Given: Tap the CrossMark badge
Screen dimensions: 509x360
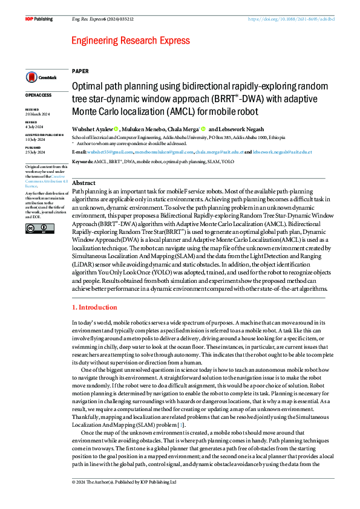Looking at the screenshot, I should pyautogui.click(x=40, y=77).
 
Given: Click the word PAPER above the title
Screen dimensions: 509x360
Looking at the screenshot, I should pyautogui.click(x=80, y=71).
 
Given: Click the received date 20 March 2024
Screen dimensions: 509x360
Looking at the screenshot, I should pyautogui.click(x=38, y=114).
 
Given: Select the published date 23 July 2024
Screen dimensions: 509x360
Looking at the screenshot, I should pyautogui.click(x=36, y=152).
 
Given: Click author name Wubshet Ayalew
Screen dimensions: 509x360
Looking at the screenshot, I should pyautogui.click(x=91, y=129).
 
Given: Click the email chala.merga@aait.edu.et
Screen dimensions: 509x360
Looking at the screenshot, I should pyautogui.click(x=220, y=152).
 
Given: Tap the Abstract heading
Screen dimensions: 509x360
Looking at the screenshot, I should pyautogui.click(x=84, y=183).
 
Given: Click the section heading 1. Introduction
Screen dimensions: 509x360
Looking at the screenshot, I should pyautogui.click(x=95, y=308).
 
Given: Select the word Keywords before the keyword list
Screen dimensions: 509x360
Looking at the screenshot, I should pyautogui.click(x=82, y=162).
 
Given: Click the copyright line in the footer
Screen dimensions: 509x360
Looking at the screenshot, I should pyautogui.click(x=124, y=482).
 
